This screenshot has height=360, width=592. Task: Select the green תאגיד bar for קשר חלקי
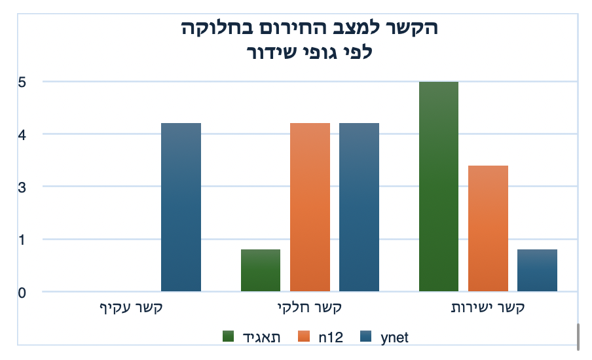[x=260, y=270]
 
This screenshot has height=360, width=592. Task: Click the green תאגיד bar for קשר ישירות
[x=438, y=187]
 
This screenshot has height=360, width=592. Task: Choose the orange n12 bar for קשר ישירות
[x=488, y=228]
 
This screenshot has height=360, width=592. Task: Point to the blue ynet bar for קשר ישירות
[x=537, y=270]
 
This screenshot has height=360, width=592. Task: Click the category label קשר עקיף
[x=130, y=306]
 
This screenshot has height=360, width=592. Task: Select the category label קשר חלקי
[x=309, y=306]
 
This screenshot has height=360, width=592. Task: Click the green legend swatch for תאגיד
[x=229, y=336]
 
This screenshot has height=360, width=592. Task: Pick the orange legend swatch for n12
[x=304, y=336]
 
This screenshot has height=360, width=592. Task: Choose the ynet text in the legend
[x=394, y=336]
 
